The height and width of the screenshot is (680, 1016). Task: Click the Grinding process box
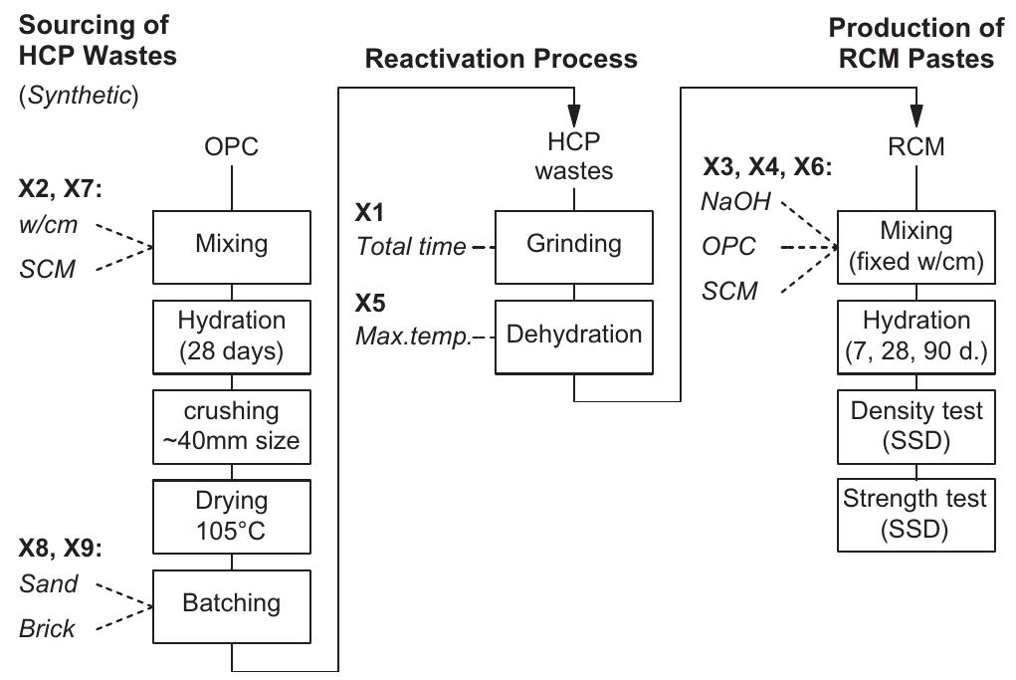click(573, 244)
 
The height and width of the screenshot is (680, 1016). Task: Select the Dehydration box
click(573, 335)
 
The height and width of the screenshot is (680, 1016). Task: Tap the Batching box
click(231, 603)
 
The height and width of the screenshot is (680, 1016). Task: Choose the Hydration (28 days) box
click(231, 335)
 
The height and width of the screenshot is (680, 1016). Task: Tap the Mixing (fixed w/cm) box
click(914, 244)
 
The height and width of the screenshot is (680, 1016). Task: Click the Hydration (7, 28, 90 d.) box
click(914, 335)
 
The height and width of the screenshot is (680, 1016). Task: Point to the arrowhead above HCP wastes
click(574, 113)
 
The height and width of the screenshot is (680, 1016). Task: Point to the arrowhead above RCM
click(914, 113)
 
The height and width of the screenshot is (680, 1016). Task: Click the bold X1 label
click(371, 213)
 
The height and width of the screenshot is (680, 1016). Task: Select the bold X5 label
click(371, 303)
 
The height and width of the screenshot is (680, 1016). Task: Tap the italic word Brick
click(47, 629)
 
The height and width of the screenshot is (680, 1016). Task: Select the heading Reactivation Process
click(501, 59)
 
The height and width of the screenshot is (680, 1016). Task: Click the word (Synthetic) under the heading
click(79, 96)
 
